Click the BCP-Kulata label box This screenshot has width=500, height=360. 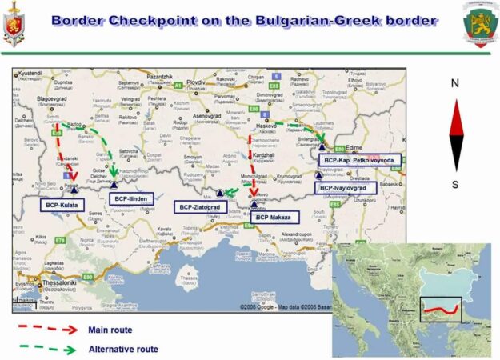[x=61, y=205]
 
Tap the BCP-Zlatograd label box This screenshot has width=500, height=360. [x=201, y=207]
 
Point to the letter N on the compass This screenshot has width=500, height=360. [x=455, y=82]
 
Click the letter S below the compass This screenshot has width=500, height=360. [x=455, y=184]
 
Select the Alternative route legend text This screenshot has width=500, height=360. [x=123, y=349]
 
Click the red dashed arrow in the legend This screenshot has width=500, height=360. [x=48, y=329]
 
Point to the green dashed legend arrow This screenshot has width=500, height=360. [x=48, y=349]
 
